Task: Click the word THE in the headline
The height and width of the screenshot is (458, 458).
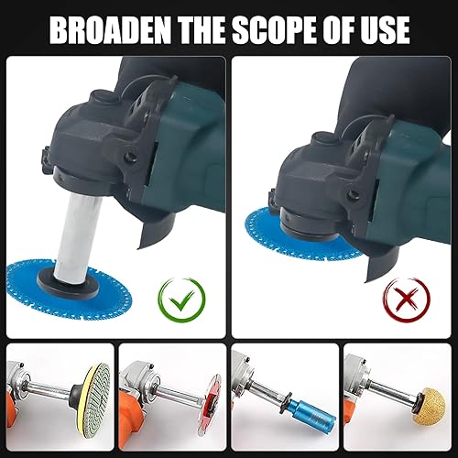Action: click(x=206, y=29)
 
